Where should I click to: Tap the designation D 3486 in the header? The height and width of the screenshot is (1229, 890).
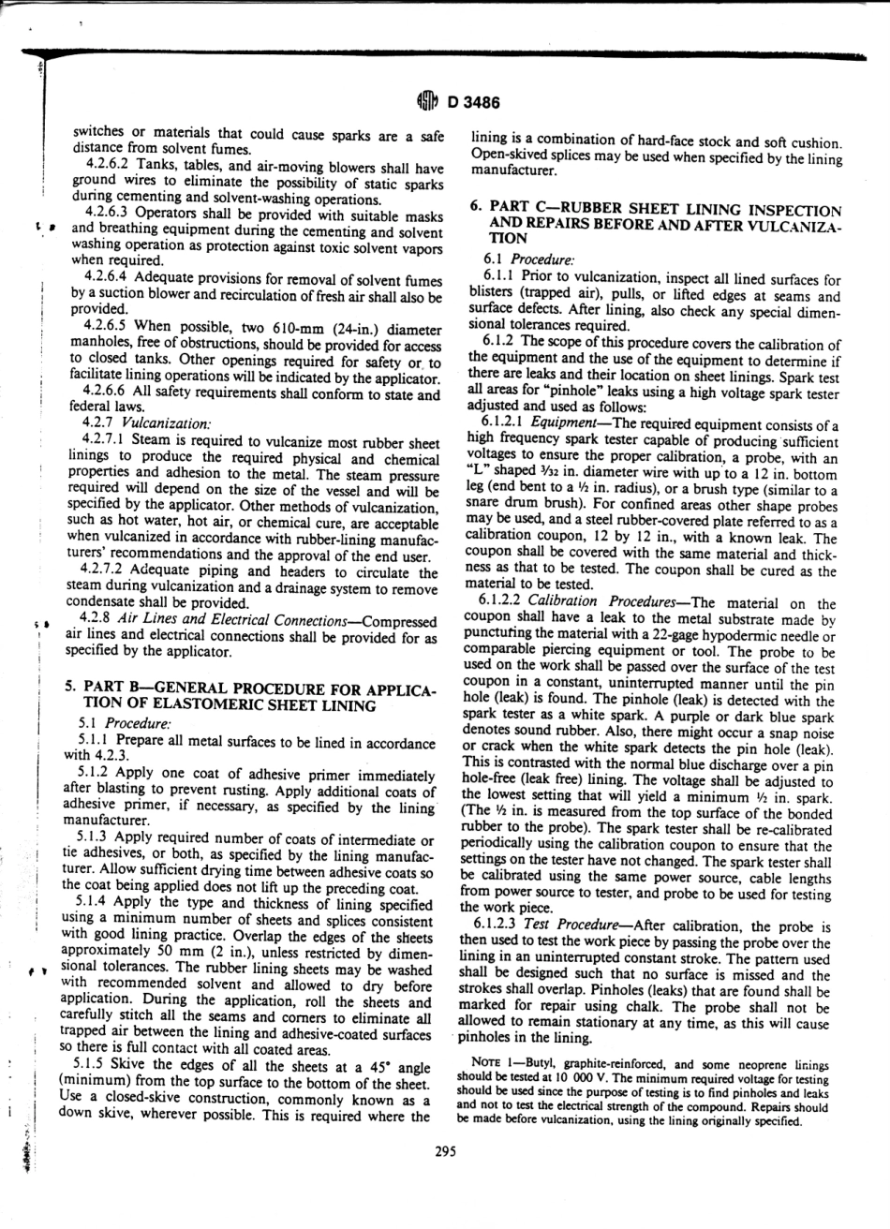(x=467, y=103)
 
